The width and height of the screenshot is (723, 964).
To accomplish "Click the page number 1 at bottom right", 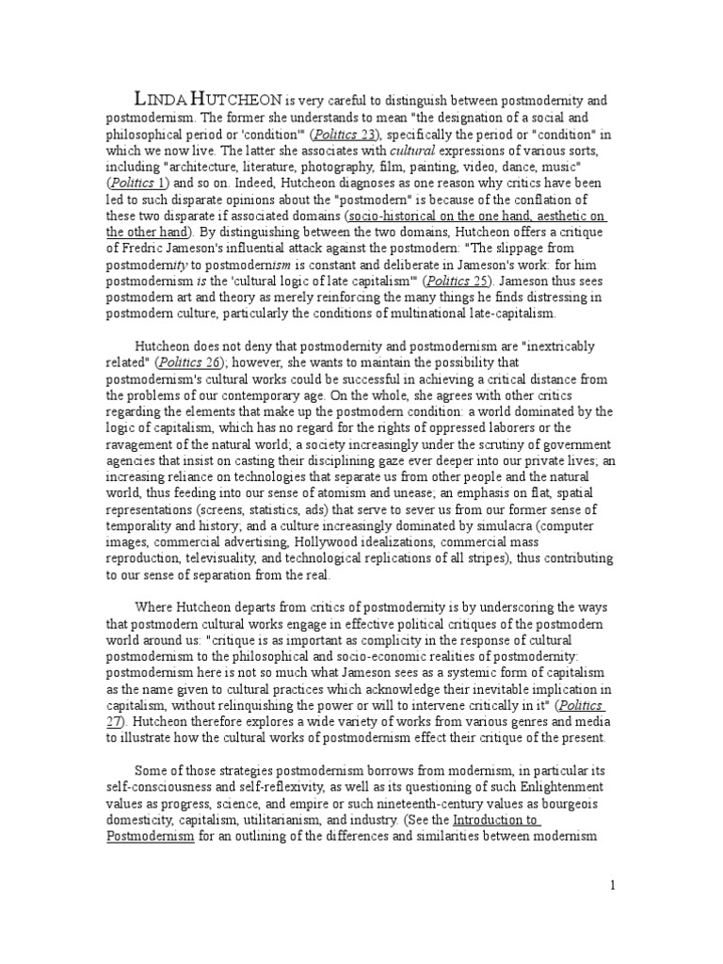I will click(x=612, y=885).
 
